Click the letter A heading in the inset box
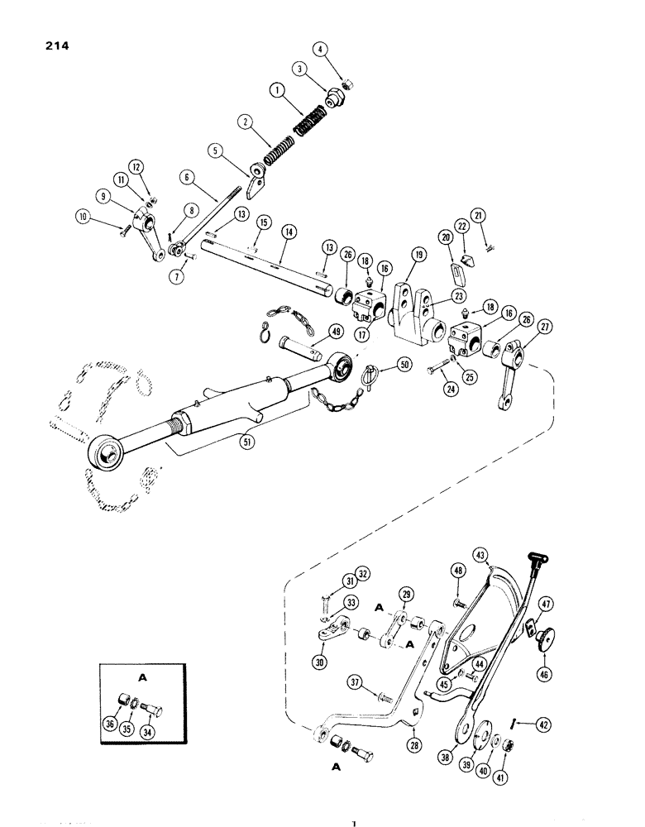141,676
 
